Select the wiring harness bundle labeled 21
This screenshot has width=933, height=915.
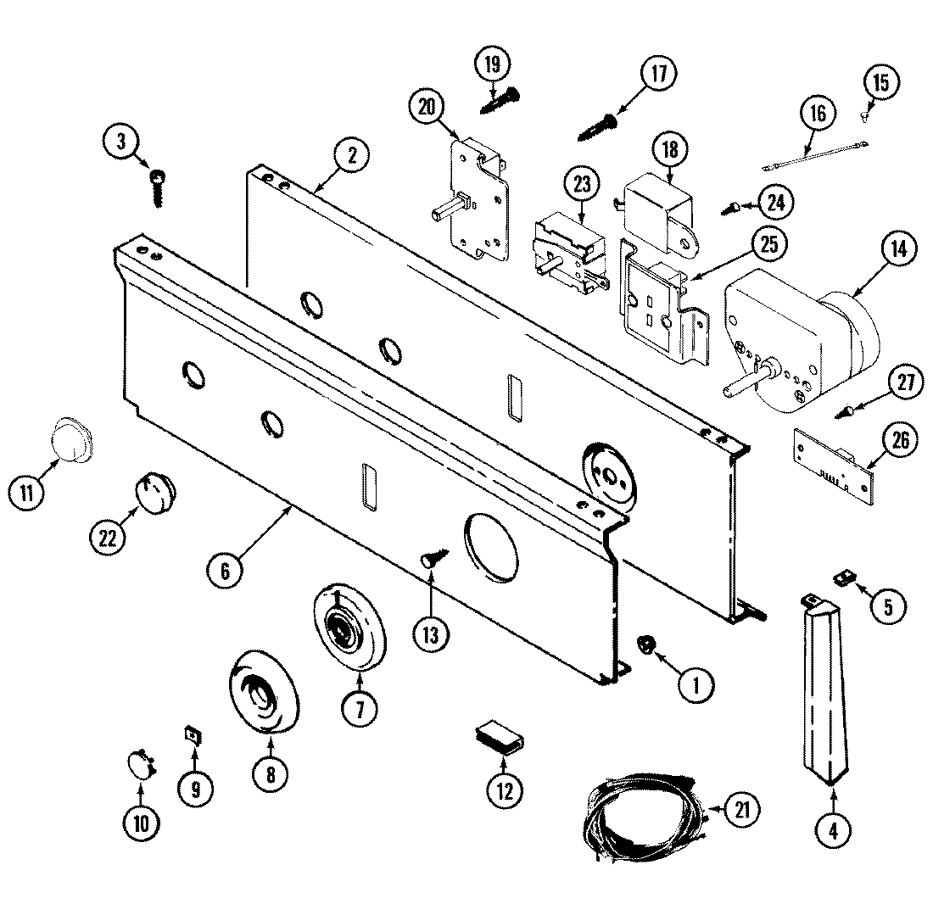point(645,813)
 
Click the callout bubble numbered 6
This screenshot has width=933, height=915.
point(224,571)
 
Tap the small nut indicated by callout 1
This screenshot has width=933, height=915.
point(646,647)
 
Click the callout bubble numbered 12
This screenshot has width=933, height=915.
point(504,790)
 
